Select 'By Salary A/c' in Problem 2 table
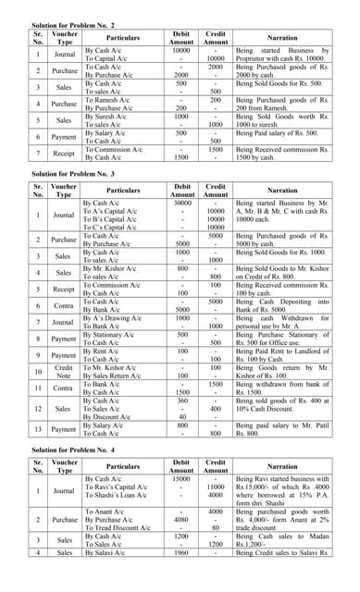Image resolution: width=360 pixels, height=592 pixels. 105,133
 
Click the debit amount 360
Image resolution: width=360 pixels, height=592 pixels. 182,401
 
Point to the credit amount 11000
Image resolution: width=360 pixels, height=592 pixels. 216,487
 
